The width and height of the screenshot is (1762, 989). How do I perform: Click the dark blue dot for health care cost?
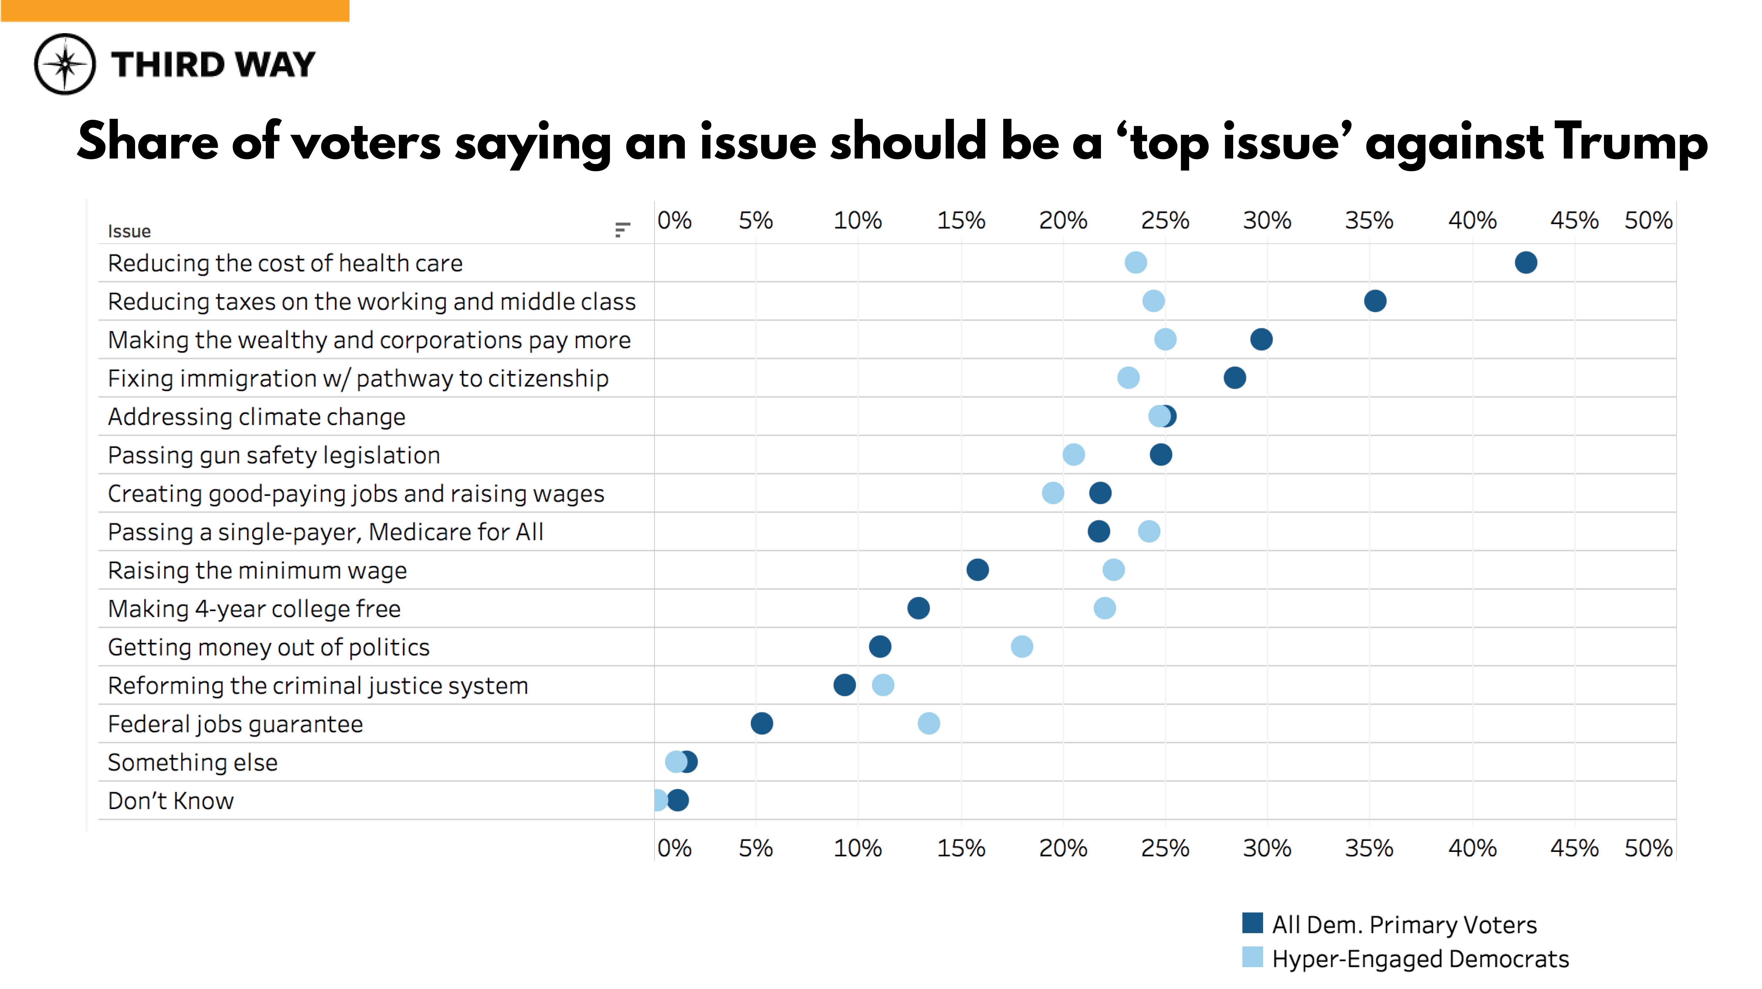click(1525, 263)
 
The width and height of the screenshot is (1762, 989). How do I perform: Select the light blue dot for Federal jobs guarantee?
click(928, 724)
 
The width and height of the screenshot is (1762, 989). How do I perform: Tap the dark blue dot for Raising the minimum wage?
click(977, 570)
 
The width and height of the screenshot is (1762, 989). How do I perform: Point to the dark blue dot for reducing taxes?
click(1375, 301)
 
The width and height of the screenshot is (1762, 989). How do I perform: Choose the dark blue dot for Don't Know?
click(678, 800)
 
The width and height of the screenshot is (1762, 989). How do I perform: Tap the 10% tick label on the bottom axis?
click(857, 849)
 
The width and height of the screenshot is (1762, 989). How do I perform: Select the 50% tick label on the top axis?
click(1648, 221)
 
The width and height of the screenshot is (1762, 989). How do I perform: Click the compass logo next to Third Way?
click(65, 64)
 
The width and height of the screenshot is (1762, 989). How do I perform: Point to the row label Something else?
click(193, 763)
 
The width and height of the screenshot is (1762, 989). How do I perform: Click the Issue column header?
click(129, 231)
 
